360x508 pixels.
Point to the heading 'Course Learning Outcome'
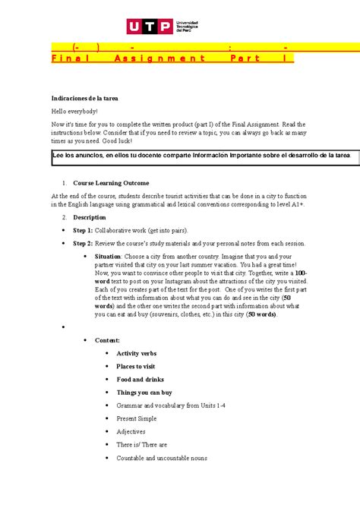pos(111,183)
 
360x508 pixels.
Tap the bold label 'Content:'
pos(112,341)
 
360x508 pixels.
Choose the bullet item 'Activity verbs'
pos(137,354)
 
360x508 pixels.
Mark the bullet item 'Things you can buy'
pos(144,393)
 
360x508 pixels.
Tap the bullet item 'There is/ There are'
pos(142,445)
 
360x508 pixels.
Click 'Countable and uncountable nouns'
pos(162,458)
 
